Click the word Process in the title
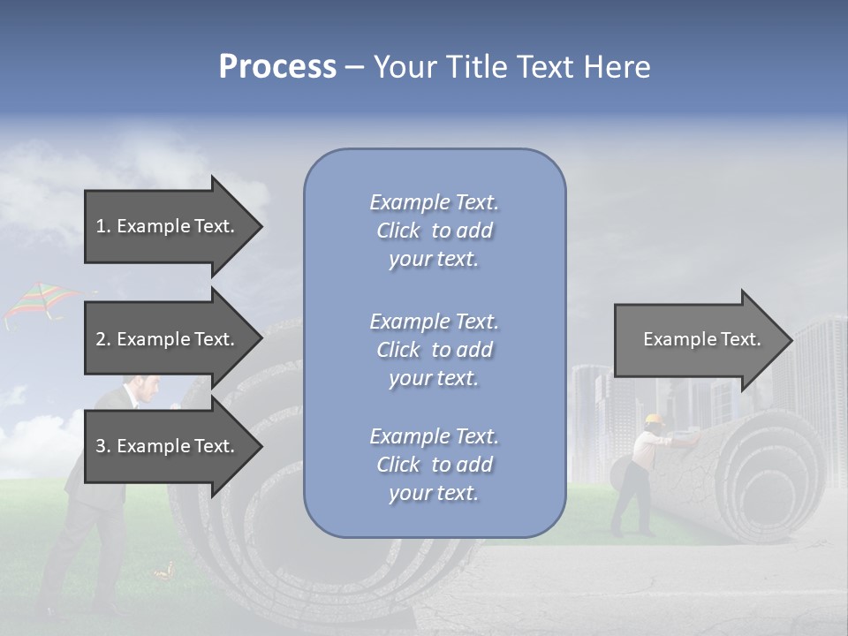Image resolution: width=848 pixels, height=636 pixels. [x=277, y=67]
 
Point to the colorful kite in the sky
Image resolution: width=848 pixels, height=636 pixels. [x=40, y=302]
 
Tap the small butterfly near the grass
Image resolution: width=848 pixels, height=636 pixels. [x=163, y=573]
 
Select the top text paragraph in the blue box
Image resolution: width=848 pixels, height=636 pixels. [x=434, y=231]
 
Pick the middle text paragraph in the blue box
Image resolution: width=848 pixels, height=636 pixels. [x=434, y=350]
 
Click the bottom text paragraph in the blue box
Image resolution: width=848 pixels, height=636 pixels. [x=434, y=465]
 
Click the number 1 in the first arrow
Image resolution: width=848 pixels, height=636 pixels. [x=101, y=226]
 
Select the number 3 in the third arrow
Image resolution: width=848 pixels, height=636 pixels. [x=101, y=446]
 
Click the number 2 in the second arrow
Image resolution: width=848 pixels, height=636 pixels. [x=101, y=339]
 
